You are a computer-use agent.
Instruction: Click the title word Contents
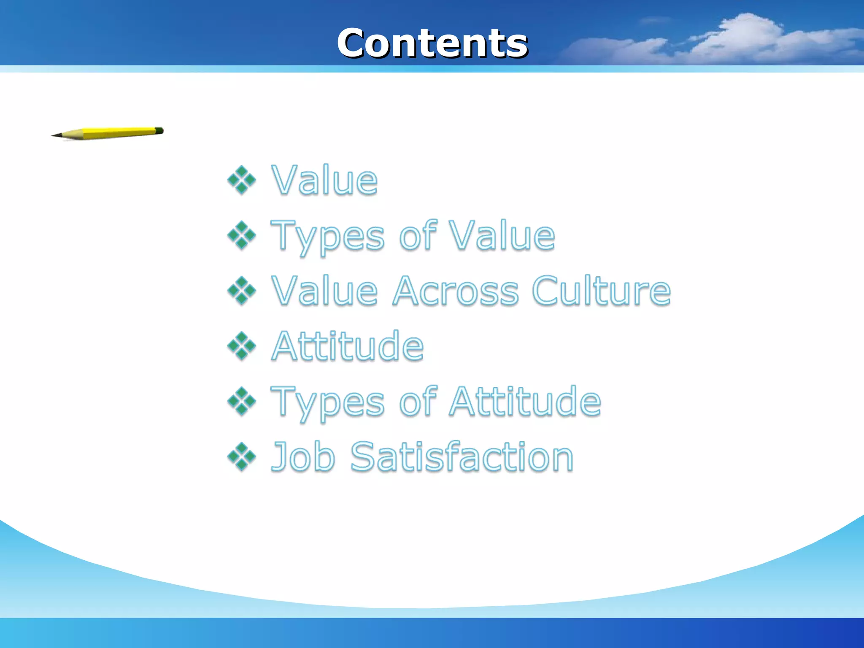point(432,43)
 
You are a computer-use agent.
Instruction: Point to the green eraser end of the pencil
point(159,130)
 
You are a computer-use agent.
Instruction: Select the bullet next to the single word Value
point(242,181)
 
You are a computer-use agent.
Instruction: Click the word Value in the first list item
point(324,181)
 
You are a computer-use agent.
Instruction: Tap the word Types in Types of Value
point(327,236)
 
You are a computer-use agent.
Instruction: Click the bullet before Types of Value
point(242,235)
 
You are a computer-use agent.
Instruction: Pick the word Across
point(456,291)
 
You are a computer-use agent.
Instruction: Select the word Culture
point(601,291)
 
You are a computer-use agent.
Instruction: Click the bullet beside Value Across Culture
point(242,291)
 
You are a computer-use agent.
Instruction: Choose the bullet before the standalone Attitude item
point(242,346)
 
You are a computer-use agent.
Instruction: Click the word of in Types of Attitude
point(417,401)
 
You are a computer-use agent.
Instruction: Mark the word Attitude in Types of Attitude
point(525,401)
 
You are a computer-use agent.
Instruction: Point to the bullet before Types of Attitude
point(242,401)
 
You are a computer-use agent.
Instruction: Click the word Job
point(303,456)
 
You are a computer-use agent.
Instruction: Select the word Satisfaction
point(462,456)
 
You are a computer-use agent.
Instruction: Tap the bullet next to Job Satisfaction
point(242,456)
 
